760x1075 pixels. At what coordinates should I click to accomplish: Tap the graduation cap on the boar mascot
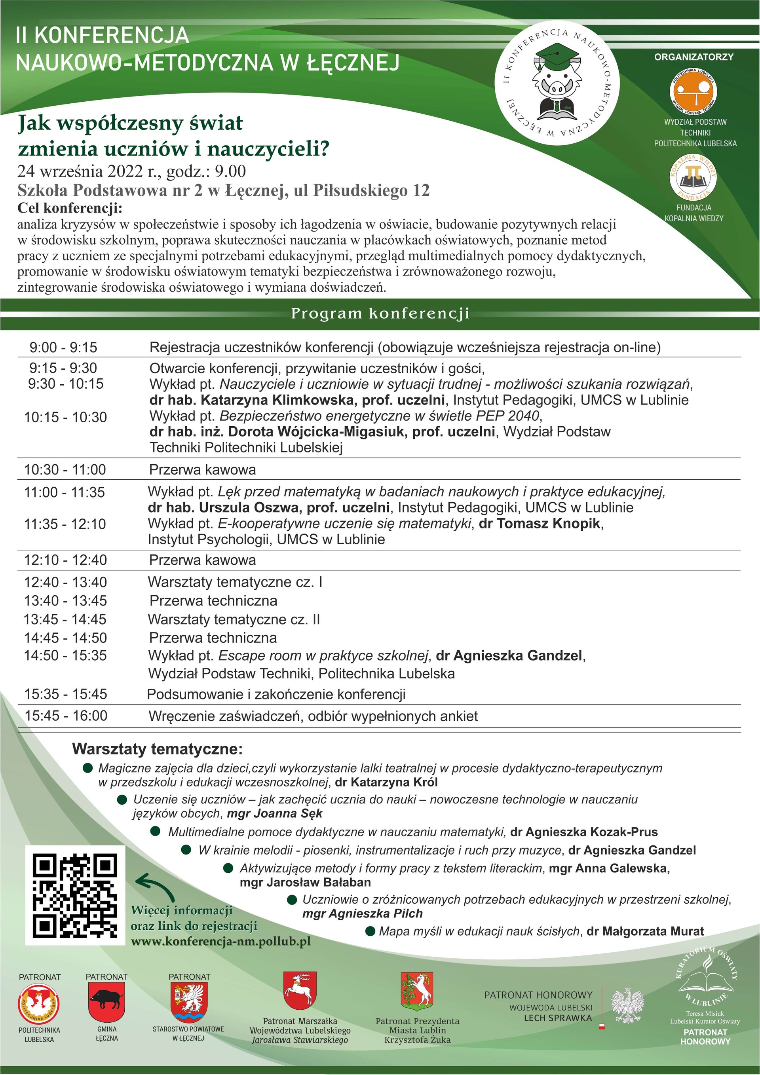(x=557, y=53)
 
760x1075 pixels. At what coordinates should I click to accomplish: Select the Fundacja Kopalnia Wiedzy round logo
(x=693, y=179)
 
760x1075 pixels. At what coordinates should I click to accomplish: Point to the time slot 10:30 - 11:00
(x=65, y=469)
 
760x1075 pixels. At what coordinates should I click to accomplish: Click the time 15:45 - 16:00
(x=66, y=716)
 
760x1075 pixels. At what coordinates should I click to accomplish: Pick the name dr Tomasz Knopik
(x=540, y=524)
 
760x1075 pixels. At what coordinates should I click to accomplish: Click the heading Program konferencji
(x=380, y=313)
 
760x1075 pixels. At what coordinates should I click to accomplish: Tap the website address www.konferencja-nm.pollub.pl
(x=220, y=942)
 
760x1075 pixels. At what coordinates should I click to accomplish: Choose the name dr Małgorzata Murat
(x=645, y=931)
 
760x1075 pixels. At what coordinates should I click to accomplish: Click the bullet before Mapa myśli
(x=370, y=931)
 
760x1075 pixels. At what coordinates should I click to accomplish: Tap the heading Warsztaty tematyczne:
(x=157, y=749)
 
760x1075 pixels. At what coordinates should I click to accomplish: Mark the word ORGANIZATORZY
(x=693, y=57)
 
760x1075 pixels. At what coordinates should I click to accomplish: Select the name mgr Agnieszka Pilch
(x=363, y=913)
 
